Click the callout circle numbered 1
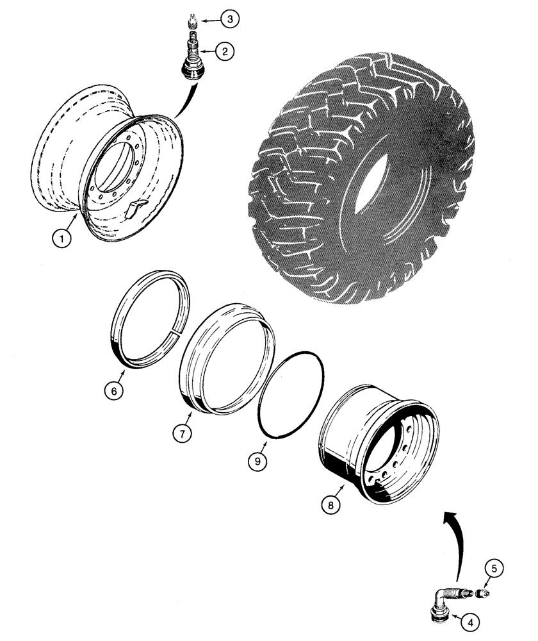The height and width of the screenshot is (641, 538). point(61,239)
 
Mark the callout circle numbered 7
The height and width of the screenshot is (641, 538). point(181,433)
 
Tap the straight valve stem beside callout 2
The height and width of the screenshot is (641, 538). point(191,62)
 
